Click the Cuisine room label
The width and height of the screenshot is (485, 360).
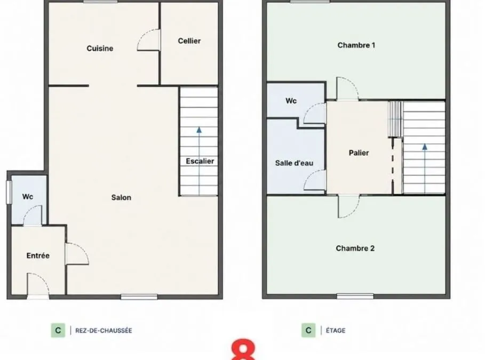click(100, 48)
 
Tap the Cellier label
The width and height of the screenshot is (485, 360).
click(189, 41)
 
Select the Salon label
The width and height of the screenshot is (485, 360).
click(121, 197)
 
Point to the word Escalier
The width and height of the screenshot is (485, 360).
click(200, 161)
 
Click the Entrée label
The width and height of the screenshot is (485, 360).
click(38, 255)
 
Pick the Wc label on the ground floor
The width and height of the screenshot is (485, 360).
click(28, 197)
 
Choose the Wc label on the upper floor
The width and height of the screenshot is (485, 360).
click(291, 101)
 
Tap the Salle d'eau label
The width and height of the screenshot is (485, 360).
click(294, 163)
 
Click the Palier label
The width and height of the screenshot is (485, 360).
click(359, 153)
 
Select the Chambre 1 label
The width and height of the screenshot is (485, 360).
click(356, 45)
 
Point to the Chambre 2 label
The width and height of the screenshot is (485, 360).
click(355, 249)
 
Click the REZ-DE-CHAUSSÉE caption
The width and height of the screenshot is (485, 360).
click(104, 331)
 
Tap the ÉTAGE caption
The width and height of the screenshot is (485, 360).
click(336, 331)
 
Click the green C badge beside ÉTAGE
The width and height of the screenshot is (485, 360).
click(308, 330)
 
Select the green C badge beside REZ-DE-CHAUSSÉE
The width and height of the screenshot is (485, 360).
click(58, 330)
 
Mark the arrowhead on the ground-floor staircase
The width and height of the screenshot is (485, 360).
click(199, 130)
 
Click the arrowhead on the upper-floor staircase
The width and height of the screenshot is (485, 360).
click(425, 147)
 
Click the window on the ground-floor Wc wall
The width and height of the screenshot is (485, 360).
click(9, 193)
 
